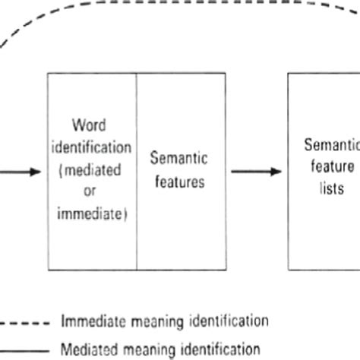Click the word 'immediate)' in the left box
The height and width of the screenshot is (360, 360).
click(92, 213)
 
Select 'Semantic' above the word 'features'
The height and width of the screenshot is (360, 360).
click(181, 158)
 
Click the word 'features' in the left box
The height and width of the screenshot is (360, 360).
click(181, 183)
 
